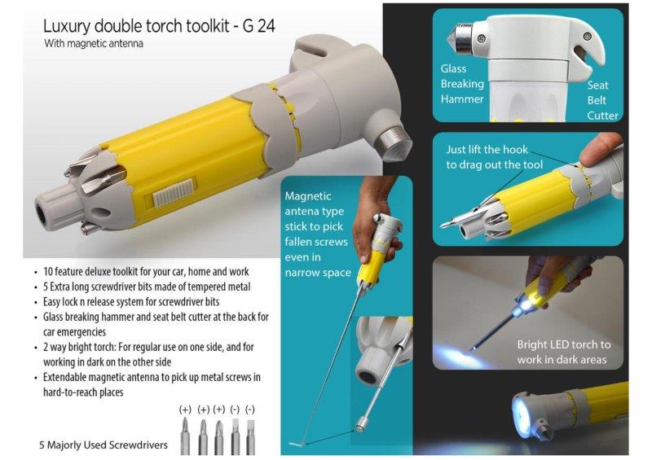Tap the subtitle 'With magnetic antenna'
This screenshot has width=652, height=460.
94,43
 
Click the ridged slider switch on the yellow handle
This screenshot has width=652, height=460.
174,193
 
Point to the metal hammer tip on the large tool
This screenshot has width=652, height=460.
393,142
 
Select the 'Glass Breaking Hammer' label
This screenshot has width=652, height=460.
462,84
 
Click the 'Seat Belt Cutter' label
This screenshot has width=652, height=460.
602,100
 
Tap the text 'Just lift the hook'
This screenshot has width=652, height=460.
487,150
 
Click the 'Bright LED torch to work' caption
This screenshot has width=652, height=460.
564,352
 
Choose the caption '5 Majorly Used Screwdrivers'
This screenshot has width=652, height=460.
104,445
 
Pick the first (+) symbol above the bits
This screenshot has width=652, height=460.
185,410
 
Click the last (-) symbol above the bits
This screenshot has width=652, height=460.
250,410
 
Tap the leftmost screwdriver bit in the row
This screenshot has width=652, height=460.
185,436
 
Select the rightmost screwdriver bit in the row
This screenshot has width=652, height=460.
250,436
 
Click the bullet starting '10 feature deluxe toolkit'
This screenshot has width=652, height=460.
146,272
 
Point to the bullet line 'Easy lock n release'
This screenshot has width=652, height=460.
131,302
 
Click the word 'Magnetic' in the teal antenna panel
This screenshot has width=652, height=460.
308,196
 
